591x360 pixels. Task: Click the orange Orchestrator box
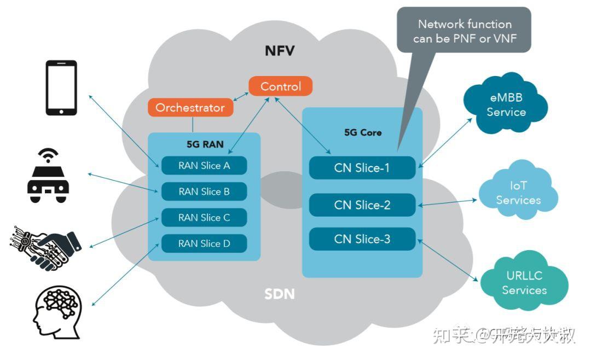pyautogui.click(x=190, y=107)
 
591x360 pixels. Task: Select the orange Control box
pyautogui.click(x=280, y=86)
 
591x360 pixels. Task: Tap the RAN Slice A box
pyautogui.click(x=204, y=166)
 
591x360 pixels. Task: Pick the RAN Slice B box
pyautogui.click(x=204, y=191)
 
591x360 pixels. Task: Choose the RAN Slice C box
pyautogui.click(x=204, y=218)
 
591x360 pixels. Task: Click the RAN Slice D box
pyautogui.click(x=204, y=243)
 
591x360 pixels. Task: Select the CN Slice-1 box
pyautogui.click(x=362, y=168)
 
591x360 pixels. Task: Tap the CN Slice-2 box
pyautogui.click(x=362, y=205)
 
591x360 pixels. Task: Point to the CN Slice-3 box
pyautogui.click(x=362, y=239)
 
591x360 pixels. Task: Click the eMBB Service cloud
pyautogui.click(x=506, y=106)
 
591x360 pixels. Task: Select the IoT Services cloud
pyautogui.click(x=518, y=193)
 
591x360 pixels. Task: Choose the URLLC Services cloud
pyautogui.click(x=524, y=282)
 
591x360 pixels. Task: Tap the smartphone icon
pyautogui.click(x=61, y=88)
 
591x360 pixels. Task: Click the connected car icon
pyautogui.click(x=48, y=175)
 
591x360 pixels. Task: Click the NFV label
pyautogui.click(x=280, y=51)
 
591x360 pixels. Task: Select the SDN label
pyautogui.click(x=280, y=294)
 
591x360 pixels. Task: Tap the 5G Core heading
pyautogui.click(x=363, y=132)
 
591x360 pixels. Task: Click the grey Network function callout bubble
pyautogui.click(x=464, y=31)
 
